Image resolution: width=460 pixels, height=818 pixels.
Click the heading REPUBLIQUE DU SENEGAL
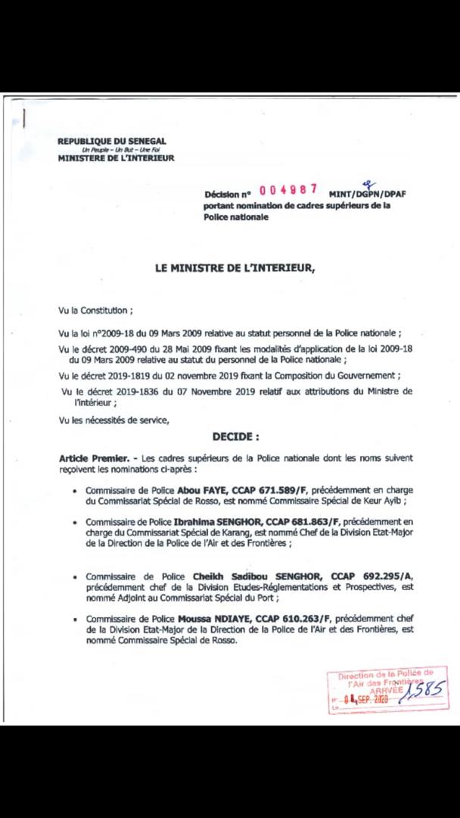pos(112,141)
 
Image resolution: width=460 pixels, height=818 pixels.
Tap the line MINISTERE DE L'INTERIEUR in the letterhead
pos(116,158)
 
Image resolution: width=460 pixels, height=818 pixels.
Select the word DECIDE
pos(235,436)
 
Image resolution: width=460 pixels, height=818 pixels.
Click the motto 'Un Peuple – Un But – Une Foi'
pos(116,150)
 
